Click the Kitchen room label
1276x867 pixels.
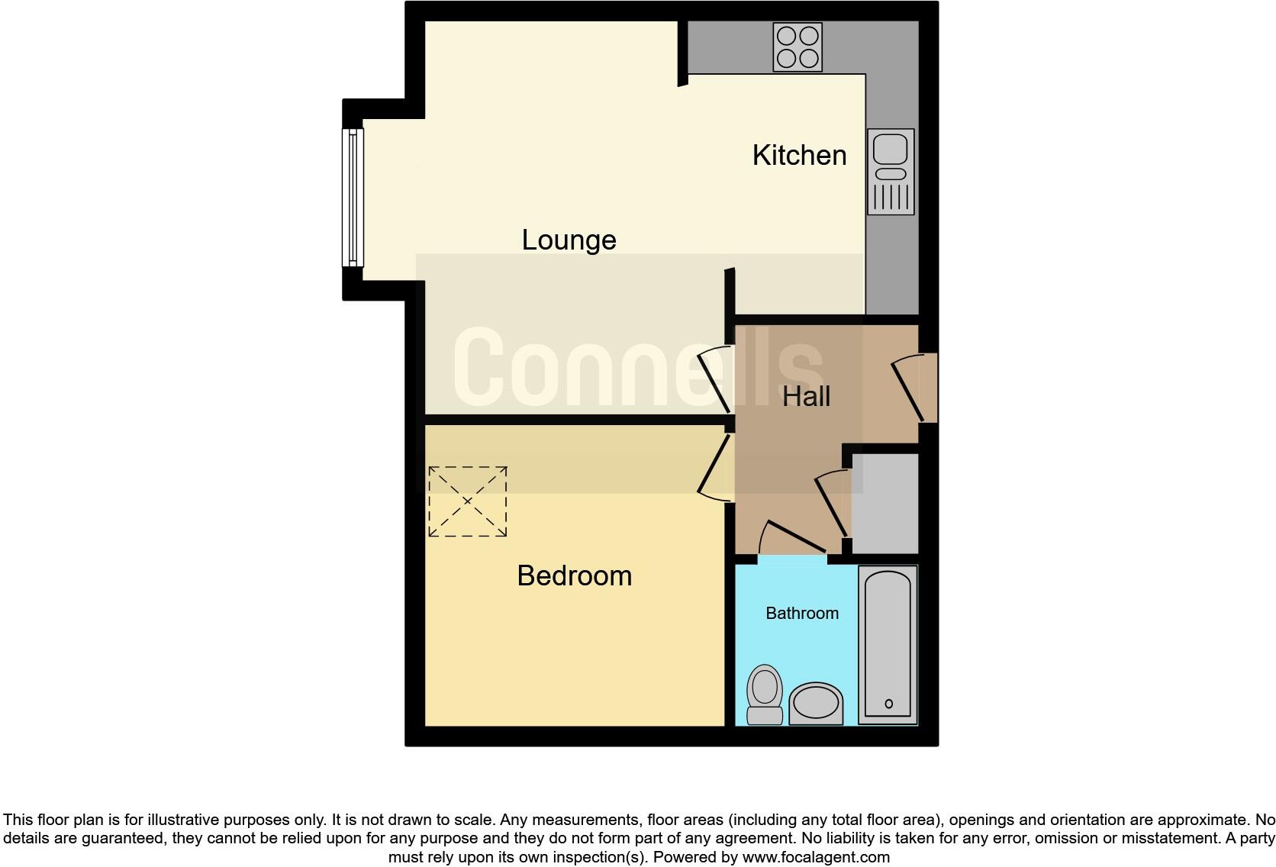(x=799, y=155)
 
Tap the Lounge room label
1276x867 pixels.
(x=569, y=240)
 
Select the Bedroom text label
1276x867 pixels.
(x=574, y=575)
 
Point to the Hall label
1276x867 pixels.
(x=806, y=396)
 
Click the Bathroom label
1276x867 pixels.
(x=802, y=613)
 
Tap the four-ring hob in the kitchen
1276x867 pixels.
(x=797, y=47)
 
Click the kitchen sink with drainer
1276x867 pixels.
(x=891, y=172)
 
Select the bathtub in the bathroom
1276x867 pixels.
(x=888, y=644)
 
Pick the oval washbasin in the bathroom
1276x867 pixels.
(x=816, y=702)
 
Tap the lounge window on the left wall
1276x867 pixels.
(x=353, y=197)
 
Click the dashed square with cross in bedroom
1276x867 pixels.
(x=467, y=501)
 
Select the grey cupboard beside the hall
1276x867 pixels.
(x=884, y=503)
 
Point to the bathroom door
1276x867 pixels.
(x=794, y=538)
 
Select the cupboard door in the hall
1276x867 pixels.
(x=833, y=504)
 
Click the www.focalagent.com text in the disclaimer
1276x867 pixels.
(x=816, y=857)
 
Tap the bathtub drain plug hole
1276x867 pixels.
(x=888, y=704)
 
